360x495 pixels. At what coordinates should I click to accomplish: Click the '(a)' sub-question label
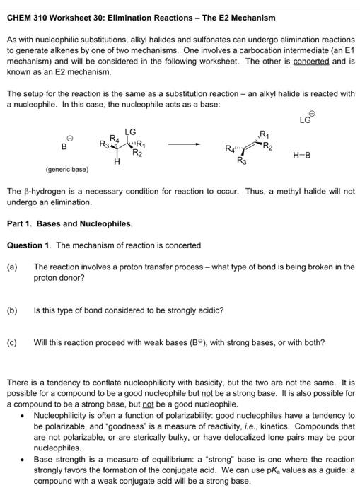point(12,267)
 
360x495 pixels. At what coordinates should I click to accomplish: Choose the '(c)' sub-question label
point(12,343)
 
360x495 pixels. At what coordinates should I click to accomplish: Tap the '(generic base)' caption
point(67,170)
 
